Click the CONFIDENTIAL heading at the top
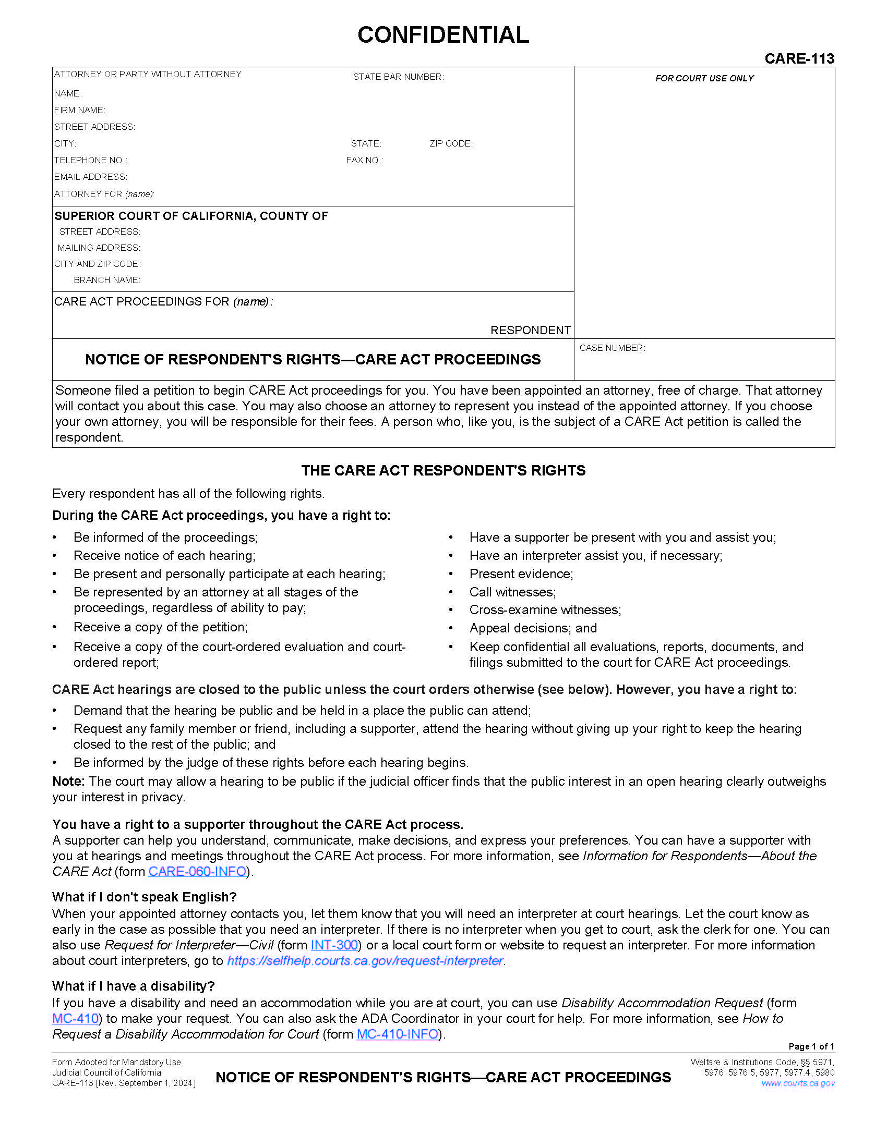click(x=443, y=34)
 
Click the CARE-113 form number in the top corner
click(x=799, y=58)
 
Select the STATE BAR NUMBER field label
click(x=398, y=77)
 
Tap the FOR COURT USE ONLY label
click(x=704, y=78)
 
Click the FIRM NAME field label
click(x=79, y=111)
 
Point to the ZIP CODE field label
click(x=450, y=143)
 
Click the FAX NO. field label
click(x=364, y=160)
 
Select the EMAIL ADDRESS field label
click(x=90, y=177)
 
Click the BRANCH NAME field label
click(x=106, y=280)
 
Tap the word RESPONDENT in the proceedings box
click(x=530, y=330)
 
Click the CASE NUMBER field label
click(x=612, y=348)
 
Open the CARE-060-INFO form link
click(x=197, y=871)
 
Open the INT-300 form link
click(x=334, y=945)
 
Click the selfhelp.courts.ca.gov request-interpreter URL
click(x=365, y=960)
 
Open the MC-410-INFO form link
click(x=397, y=1034)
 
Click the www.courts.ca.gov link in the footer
click(x=797, y=1083)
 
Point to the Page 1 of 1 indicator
click(x=811, y=1046)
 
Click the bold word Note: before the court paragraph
click(x=68, y=782)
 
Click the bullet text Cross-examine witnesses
click(x=545, y=610)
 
